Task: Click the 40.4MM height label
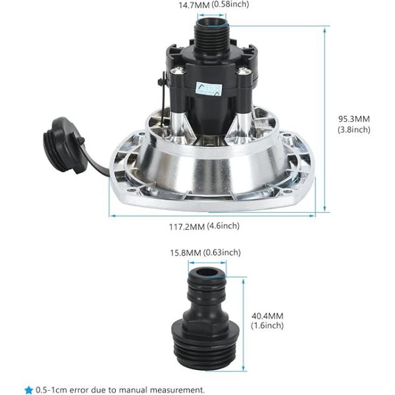coord(267,315)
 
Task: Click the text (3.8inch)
coord(355,130)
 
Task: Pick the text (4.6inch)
coord(223,226)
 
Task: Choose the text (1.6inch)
coord(267,325)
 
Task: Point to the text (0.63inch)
coord(224,252)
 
